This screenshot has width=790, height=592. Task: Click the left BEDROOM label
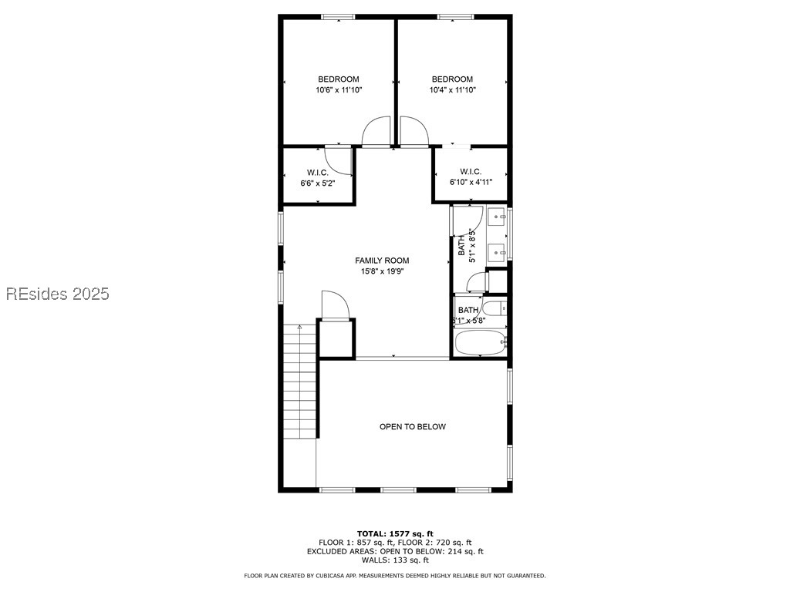(x=339, y=79)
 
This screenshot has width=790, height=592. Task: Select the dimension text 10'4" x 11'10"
(x=452, y=90)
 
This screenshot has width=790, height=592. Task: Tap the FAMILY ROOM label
(x=382, y=261)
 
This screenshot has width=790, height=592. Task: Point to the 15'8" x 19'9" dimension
(x=382, y=271)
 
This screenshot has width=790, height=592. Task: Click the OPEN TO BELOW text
(x=412, y=427)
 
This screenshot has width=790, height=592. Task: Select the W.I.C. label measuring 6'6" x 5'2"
(x=318, y=173)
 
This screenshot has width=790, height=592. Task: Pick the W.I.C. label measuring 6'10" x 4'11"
(x=471, y=172)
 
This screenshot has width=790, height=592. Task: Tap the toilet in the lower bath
(x=498, y=310)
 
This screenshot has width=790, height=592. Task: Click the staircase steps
(x=300, y=382)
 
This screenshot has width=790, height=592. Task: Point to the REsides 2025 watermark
(x=58, y=294)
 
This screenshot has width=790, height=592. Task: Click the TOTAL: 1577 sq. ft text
(x=395, y=533)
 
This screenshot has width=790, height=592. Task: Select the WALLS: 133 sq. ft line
(x=395, y=560)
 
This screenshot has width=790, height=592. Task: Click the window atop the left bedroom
(x=339, y=16)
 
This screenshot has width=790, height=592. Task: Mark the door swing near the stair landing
(x=335, y=305)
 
